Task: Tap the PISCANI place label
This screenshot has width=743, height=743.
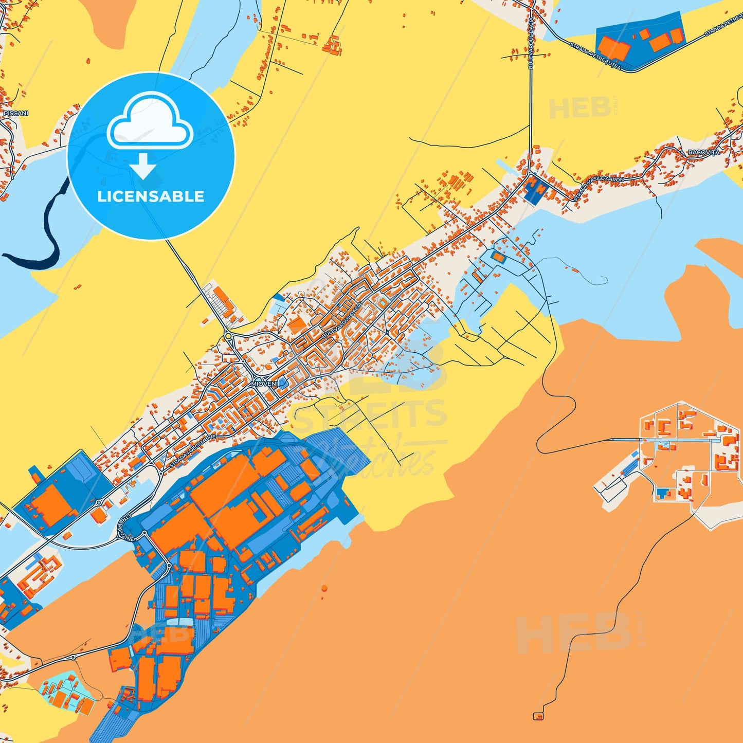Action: click(x=16, y=113)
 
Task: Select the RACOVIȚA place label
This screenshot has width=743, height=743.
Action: click(x=703, y=153)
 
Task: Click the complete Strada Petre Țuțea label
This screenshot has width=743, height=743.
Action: click(x=595, y=56)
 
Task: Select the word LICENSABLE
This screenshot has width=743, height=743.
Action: click(x=151, y=196)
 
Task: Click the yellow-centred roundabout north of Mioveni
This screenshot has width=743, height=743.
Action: click(x=228, y=336)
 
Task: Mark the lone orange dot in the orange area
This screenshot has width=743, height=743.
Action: click(x=324, y=587)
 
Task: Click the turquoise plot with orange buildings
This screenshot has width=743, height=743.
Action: click(x=67, y=692)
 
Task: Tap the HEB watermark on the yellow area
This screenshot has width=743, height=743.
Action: click(x=579, y=108)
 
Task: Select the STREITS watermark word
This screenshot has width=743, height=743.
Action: click(x=370, y=414)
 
